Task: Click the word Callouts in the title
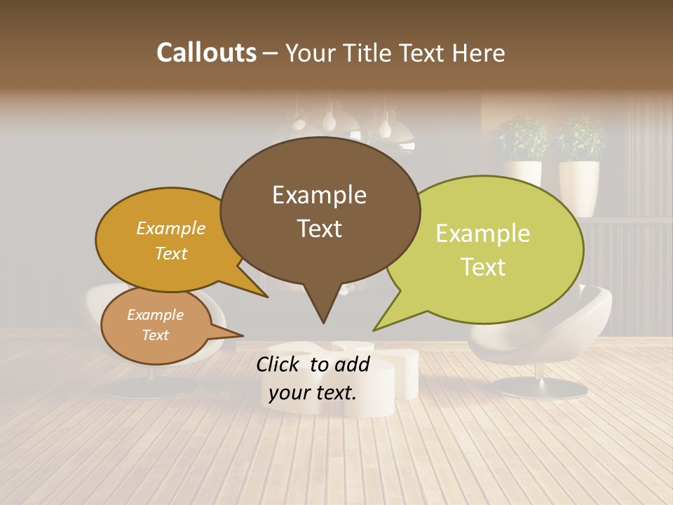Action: point(206,53)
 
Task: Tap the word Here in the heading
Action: point(479,53)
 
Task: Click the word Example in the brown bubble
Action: point(319,195)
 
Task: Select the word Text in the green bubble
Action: point(483,267)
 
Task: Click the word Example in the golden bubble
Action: point(171,229)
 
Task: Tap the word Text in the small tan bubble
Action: point(155,335)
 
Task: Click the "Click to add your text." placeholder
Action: point(313,379)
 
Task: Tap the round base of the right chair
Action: point(539,387)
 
